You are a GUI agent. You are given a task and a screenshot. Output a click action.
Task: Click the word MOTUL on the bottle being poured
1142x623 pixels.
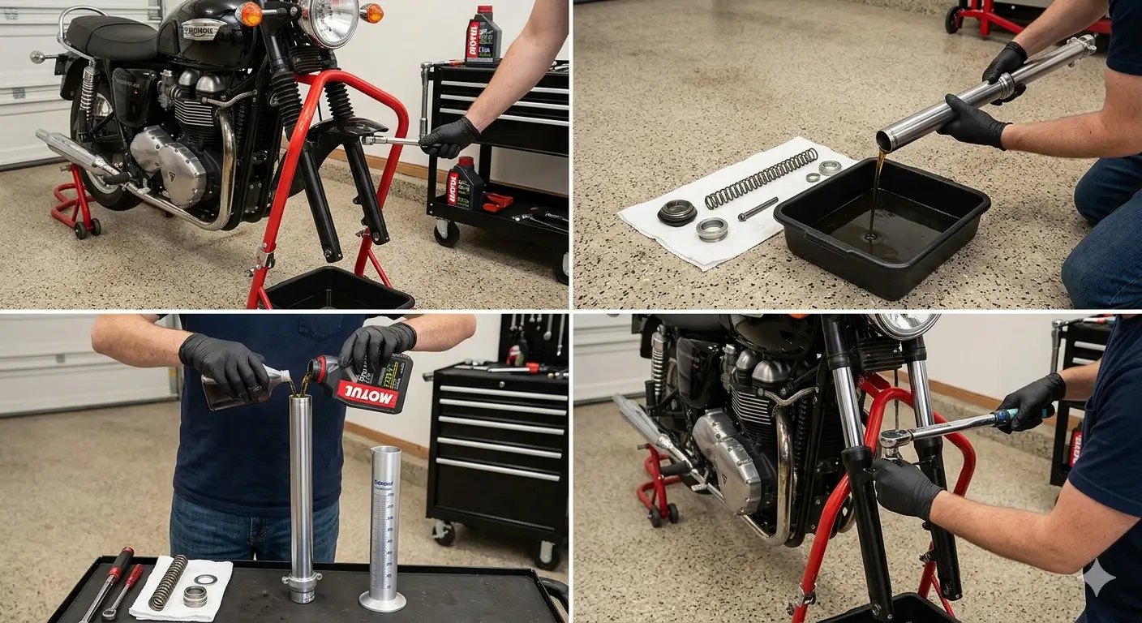pyautogui.click(x=367, y=395)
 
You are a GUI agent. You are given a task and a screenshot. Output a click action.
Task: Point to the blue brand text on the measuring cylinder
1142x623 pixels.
pyautogui.click(x=384, y=483)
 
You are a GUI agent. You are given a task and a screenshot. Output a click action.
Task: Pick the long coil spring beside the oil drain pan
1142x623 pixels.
pyautogui.click(x=760, y=178)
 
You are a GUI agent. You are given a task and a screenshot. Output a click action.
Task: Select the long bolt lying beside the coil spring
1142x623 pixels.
pyautogui.click(x=758, y=208)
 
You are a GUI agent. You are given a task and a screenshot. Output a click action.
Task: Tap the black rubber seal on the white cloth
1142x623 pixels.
pyautogui.click(x=676, y=212)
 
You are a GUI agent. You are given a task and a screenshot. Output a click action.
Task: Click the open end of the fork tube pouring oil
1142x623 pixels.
pyautogui.click(x=886, y=142)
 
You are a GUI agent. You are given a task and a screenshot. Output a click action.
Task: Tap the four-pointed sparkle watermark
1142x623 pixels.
pyautogui.click(x=1098, y=578)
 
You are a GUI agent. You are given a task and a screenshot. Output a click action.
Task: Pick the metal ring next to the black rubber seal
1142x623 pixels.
pyautogui.click(x=711, y=229)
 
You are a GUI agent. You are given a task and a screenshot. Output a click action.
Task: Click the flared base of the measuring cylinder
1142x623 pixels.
pyautogui.click(x=383, y=601)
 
